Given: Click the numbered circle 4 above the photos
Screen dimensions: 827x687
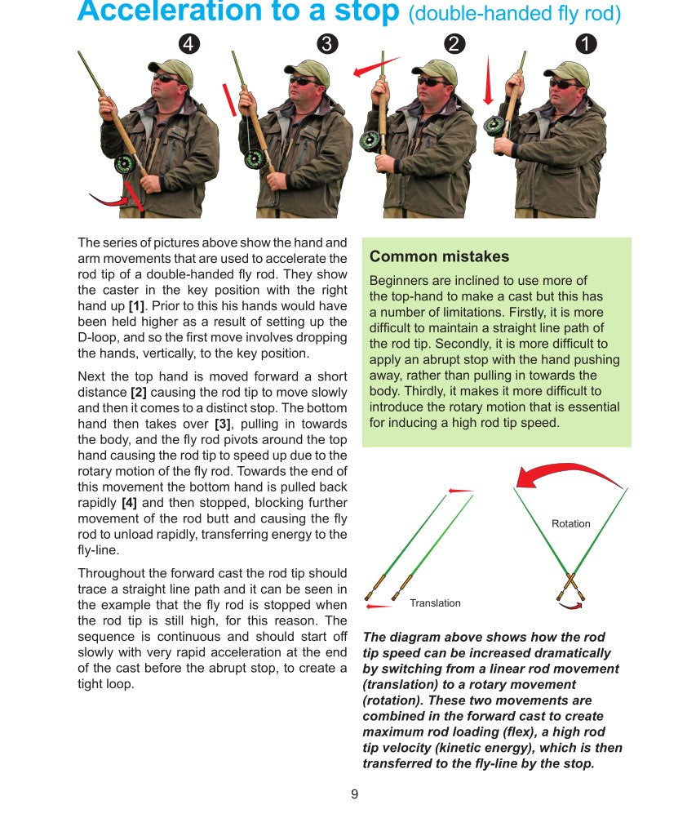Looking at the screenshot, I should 189,44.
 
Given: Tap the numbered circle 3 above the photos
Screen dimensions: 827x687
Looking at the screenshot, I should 327,44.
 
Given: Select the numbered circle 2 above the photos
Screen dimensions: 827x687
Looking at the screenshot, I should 455,44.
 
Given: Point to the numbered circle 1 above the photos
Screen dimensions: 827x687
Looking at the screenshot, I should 586,44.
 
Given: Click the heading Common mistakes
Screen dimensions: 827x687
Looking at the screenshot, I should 439,256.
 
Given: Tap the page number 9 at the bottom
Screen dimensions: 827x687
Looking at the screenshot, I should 354,794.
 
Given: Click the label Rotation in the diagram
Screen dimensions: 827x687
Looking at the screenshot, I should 570,523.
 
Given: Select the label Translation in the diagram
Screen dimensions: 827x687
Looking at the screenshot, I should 435,602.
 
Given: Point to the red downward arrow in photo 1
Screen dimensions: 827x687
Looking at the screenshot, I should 488,82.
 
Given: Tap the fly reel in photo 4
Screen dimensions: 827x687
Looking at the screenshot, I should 124,163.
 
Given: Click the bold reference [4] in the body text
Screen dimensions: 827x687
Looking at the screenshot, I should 129,503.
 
